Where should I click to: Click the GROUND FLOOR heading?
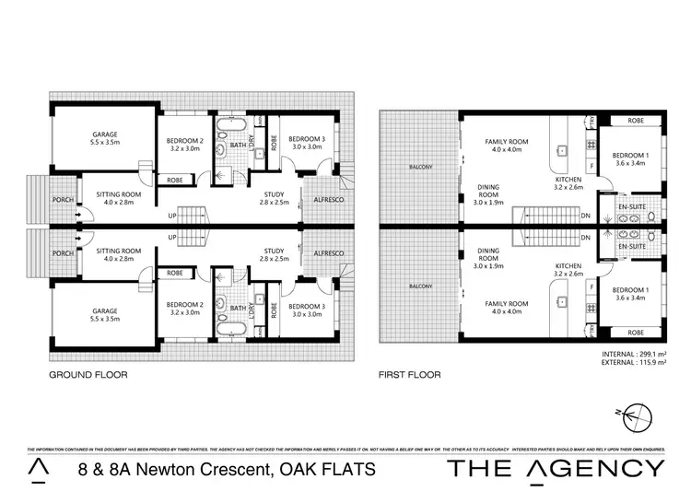[88, 375]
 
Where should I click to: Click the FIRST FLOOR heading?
[409, 375]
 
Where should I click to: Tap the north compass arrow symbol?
[635, 419]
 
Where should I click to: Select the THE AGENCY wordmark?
[555, 468]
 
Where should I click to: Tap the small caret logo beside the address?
[38, 468]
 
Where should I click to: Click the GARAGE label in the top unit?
[105, 134]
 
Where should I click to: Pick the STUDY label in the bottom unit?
[273, 250]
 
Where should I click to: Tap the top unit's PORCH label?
[63, 194]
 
